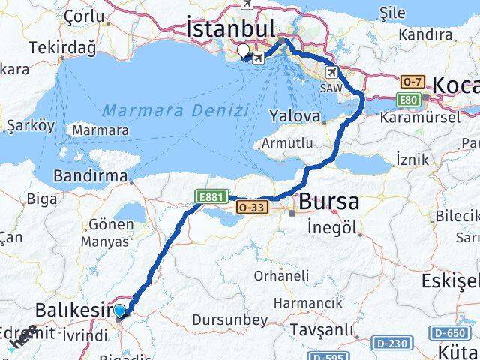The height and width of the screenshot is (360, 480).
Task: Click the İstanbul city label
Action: tap(229, 29)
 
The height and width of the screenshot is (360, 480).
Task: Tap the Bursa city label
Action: tap(328, 202)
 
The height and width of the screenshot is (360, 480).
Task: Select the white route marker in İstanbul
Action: tap(244, 52)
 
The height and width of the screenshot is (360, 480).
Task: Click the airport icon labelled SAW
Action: tap(331, 72)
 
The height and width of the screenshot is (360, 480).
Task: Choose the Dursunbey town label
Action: tap(229, 320)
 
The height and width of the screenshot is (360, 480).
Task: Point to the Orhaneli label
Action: tap(280, 276)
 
